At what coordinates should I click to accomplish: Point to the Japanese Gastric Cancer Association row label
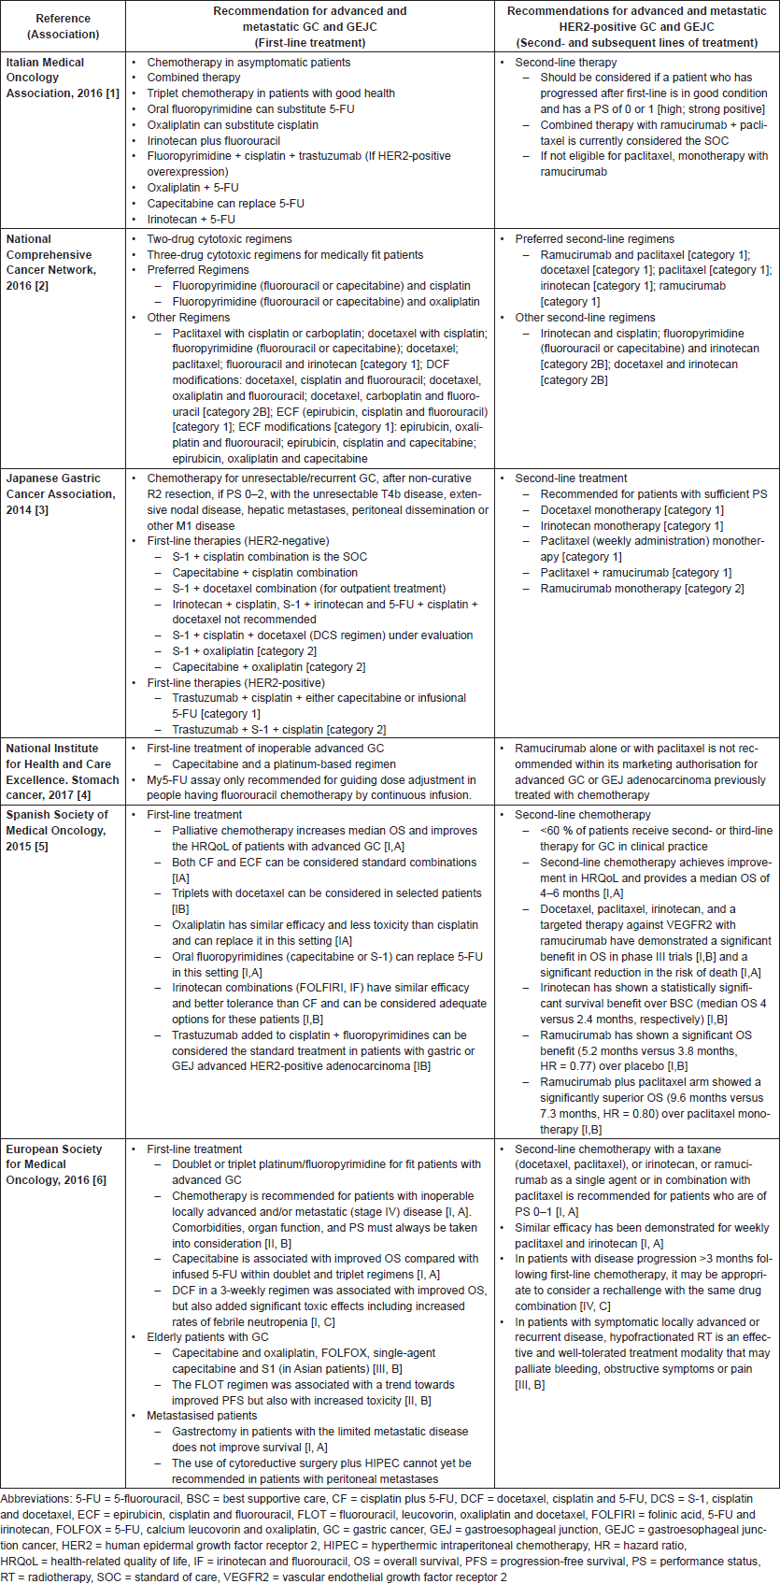(61, 493)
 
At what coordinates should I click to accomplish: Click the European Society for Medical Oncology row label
(55, 1164)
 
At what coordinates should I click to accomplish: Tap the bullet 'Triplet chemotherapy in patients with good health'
(271, 93)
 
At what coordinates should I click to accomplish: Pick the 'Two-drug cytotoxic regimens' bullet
(220, 239)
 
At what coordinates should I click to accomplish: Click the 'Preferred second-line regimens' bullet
(594, 239)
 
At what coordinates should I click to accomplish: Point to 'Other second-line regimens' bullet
(585, 318)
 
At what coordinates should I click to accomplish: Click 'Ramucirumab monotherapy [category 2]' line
(642, 589)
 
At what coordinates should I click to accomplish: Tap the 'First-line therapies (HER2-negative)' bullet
(237, 541)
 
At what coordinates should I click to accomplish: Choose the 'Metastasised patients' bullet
(202, 1416)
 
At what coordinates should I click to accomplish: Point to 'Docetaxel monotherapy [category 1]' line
(631, 510)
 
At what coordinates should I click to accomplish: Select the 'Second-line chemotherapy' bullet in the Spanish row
(583, 815)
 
